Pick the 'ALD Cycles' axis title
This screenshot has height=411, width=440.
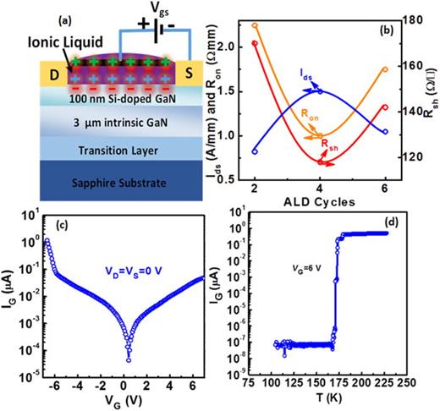[320, 200]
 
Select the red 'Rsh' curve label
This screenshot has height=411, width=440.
[327, 146]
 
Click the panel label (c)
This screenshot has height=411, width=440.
[60, 223]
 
